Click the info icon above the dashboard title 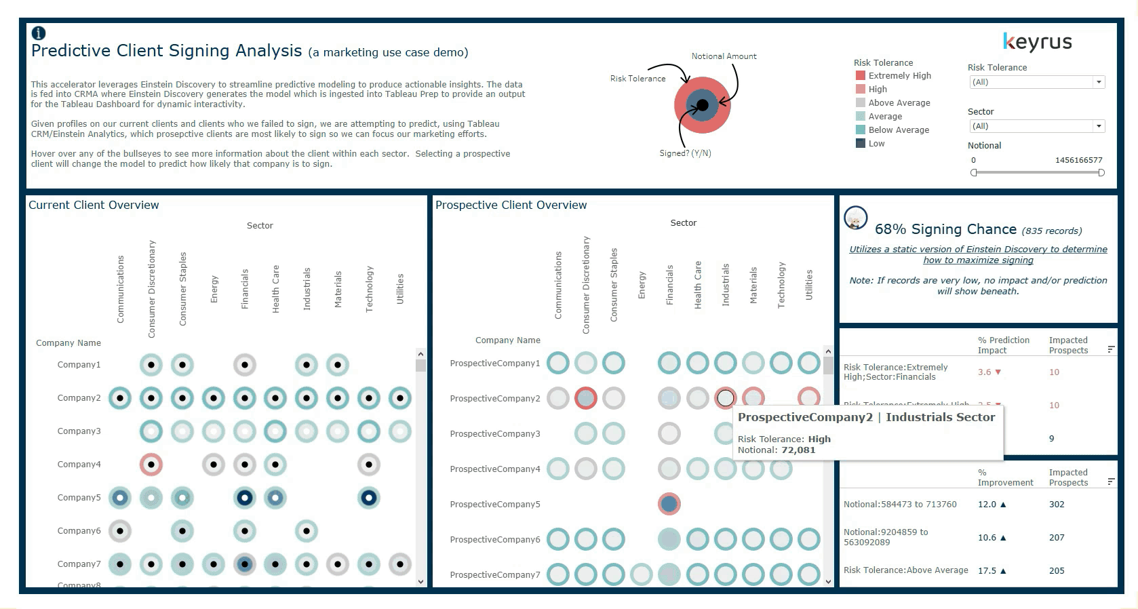[39, 33]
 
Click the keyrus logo [1037, 43]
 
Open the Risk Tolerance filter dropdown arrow [1099, 82]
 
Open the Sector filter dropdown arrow [1099, 126]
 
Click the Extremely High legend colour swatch [861, 76]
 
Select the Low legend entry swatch [861, 144]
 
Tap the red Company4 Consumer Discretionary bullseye [151, 465]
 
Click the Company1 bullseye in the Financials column [245, 365]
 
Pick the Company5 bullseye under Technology [369, 498]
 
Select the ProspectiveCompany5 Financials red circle [669, 504]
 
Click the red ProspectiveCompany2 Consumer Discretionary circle [586, 398]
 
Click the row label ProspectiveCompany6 [495, 540]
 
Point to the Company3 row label [79, 431]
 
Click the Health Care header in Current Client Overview [276, 288]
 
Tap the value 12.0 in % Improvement [987, 505]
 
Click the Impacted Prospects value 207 [1057, 538]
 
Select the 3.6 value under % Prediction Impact [985, 372]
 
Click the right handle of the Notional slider [1101, 173]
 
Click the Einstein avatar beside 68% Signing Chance [856, 219]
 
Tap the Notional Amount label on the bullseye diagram [724, 56]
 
